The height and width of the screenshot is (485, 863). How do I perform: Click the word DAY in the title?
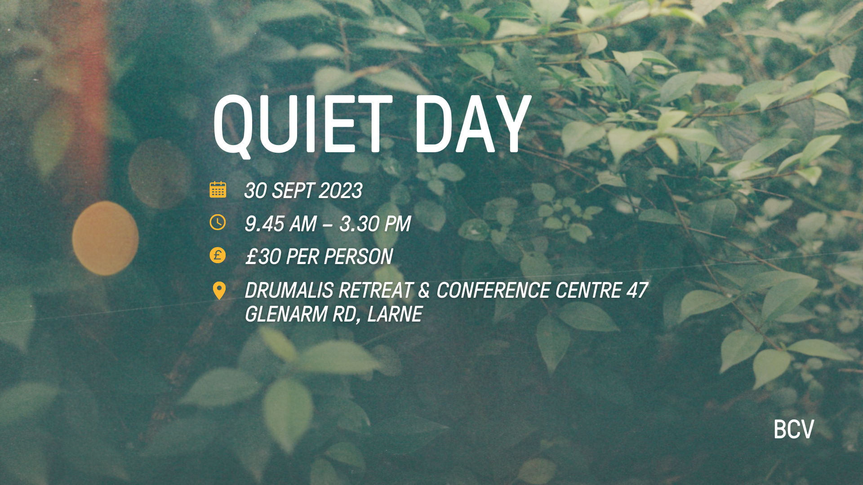pos(473,124)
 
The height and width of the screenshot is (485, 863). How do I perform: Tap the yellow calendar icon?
pos(218,190)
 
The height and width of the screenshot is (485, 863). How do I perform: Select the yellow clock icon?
pos(218,222)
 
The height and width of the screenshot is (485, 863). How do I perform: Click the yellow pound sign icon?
pos(218,255)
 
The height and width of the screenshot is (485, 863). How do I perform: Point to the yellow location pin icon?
pos(219,291)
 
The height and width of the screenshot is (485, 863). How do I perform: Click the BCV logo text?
pos(794,429)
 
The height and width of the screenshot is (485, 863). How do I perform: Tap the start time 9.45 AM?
pos(281,224)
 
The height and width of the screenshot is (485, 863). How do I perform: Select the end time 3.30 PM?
pos(375,224)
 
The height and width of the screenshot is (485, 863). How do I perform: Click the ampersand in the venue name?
pos(424,291)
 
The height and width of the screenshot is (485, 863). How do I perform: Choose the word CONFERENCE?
pos(493,291)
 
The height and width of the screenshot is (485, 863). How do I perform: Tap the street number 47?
pos(637,291)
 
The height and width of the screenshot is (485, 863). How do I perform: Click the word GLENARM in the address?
pos(286,314)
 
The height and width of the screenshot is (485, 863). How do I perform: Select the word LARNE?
pos(395,314)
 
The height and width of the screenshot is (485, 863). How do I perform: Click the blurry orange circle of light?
pos(105,238)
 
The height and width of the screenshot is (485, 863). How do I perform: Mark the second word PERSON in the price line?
pos(358,257)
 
